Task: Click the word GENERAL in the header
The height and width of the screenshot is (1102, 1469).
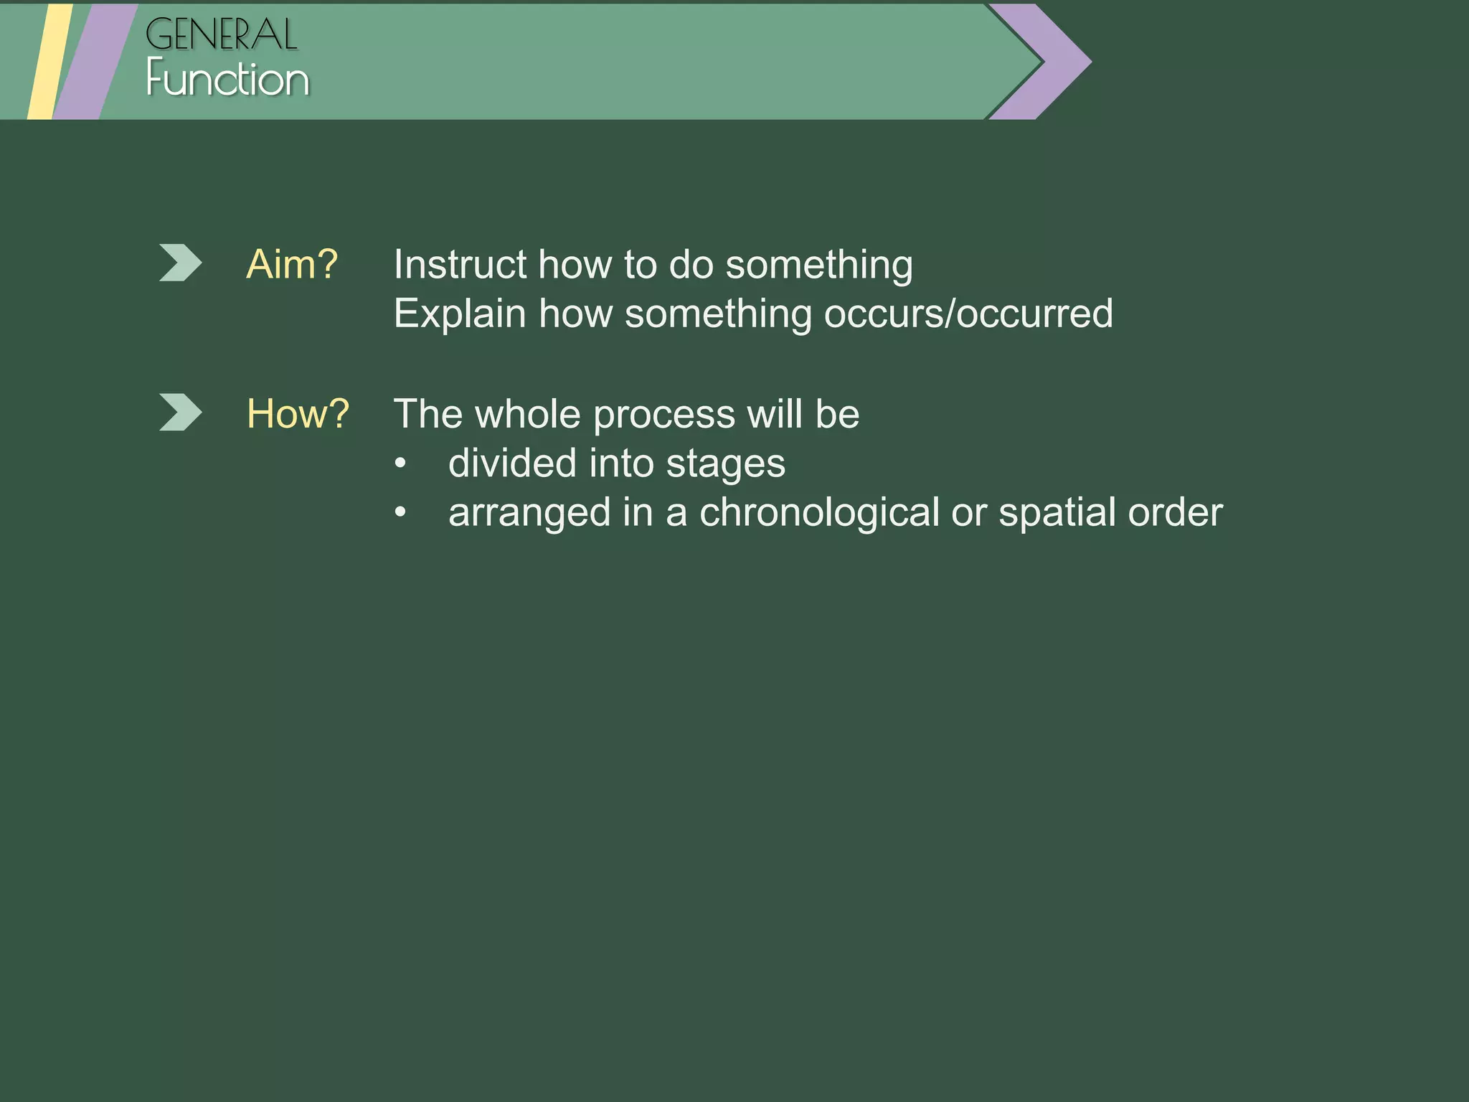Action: [221, 34]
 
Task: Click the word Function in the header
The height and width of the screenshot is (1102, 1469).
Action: [227, 79]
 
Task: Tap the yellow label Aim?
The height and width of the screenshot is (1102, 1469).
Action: [292, 264]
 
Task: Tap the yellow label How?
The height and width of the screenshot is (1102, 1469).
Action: [298, 414]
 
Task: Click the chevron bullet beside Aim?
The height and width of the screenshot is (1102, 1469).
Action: [179, 263]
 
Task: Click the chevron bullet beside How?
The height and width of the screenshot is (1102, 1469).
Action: [179, 413]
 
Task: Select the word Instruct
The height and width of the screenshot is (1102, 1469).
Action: [459, 264]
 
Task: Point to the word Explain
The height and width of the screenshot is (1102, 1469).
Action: [459, 314]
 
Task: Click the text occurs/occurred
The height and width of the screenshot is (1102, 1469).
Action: [968, 314]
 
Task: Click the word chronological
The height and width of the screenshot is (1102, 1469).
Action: [819, 512]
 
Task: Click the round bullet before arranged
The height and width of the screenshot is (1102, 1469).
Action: [400, 513]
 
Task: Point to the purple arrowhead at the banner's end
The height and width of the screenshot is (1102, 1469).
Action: [1054, 61]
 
